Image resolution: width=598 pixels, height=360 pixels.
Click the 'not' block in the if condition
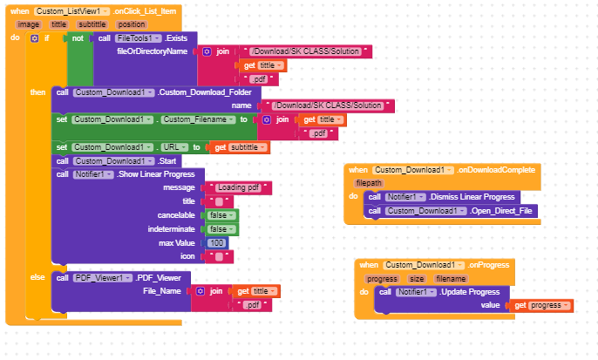tap(77, 38)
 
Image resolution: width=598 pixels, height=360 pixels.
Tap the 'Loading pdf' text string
tap(237, 187)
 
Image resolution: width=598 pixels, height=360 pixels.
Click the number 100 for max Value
tap(217, 242)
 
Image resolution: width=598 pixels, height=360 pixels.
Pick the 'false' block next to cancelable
tap(221, 214)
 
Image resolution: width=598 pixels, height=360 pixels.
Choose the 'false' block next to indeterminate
tap(221, 228)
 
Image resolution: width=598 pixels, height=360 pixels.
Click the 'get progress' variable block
tap(540, 306)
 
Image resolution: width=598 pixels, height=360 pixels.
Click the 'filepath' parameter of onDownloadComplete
tap(370, 184)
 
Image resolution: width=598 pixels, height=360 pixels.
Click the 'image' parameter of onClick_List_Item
tap(29, 24)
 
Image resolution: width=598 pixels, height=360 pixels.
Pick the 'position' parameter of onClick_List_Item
tap(131, 24)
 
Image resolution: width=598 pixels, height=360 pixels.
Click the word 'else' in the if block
tap(37, 277)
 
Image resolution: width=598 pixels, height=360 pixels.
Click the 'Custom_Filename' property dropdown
tap(196, 119)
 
